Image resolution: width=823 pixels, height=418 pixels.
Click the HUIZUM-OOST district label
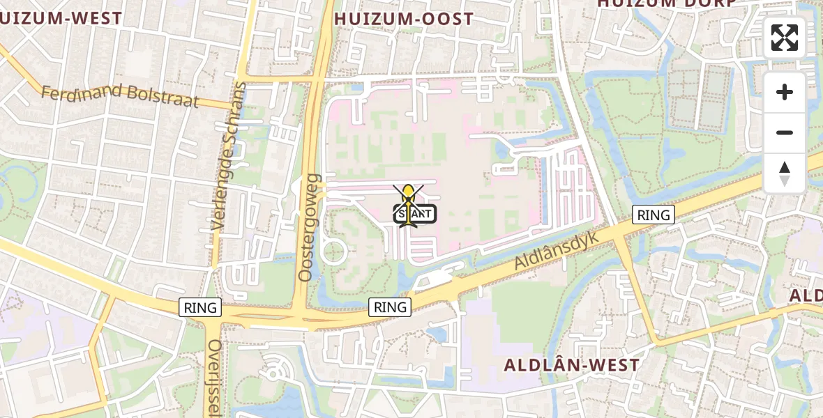click(404, 19)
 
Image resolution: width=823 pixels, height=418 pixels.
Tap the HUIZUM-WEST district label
click(61, 19)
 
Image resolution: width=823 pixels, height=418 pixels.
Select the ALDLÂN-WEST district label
click(571, 365)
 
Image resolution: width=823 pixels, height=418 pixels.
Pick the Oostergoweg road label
click(307, 228)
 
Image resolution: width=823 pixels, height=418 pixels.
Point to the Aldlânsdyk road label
click(557, 251)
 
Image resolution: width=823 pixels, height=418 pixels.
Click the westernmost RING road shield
click(200, 307)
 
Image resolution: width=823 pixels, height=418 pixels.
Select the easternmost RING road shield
click(654, 215)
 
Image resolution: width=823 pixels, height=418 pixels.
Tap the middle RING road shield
click(390, 307)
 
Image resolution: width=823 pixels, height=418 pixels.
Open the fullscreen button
click(785, 38)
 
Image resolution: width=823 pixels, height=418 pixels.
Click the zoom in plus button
click(785, 92)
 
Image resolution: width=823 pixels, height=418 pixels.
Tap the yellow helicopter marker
click(408, 197)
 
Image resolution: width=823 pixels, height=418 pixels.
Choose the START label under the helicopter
click(416, 215)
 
